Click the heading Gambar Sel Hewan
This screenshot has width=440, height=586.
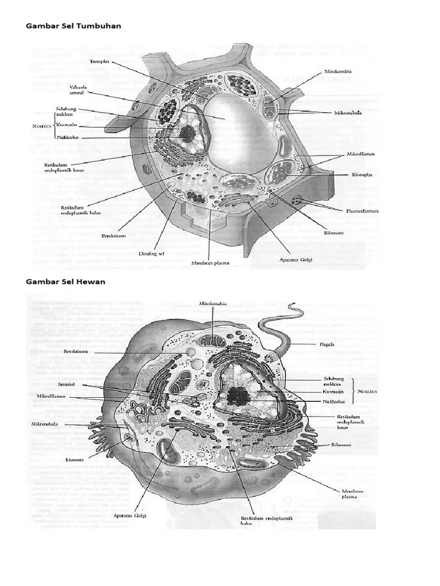tap(66, 282)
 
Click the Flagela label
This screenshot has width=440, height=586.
tap(328, 345)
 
